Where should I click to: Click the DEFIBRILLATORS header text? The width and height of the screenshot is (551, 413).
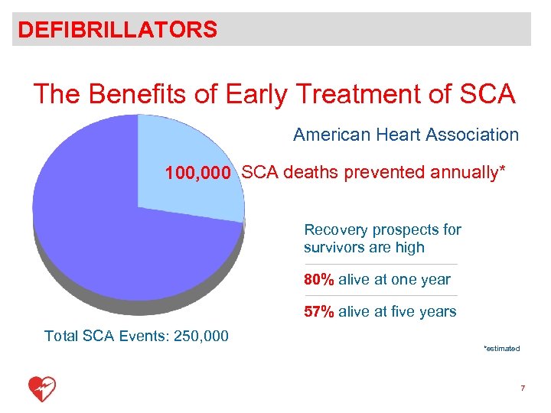[x=118, y=30]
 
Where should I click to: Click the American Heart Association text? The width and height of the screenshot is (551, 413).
[x=406, y=135]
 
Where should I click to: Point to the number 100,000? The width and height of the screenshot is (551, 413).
[x=197, y=174]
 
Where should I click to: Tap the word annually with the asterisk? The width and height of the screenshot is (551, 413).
[x=467, y=173]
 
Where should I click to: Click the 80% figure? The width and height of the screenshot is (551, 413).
[x=318, y=280]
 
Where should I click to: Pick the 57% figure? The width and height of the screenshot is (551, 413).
[x=318, y=312]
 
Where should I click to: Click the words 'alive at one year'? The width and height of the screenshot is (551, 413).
[x=394, y=280]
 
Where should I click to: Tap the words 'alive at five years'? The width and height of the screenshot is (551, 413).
[x=397, y=312]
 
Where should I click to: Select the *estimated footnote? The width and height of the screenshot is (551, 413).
[x=501, y=349]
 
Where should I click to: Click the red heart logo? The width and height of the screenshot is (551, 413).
[x=42, y=389]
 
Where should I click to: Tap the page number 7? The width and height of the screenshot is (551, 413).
[x=522, y=389]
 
